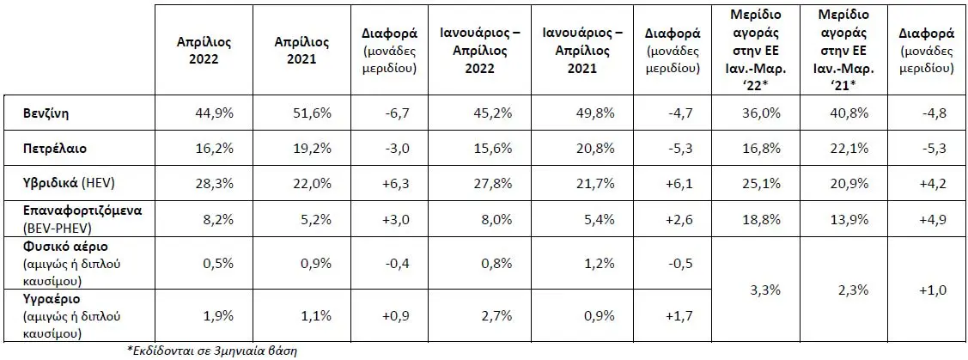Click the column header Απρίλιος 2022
tap(204, 51)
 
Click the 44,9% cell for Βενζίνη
tap(219, 113)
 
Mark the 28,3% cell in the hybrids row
tap(219, 184)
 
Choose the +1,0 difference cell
tap(933, 289)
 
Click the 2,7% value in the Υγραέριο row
tap(498, 316)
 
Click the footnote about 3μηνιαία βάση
tap(212, 351)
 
